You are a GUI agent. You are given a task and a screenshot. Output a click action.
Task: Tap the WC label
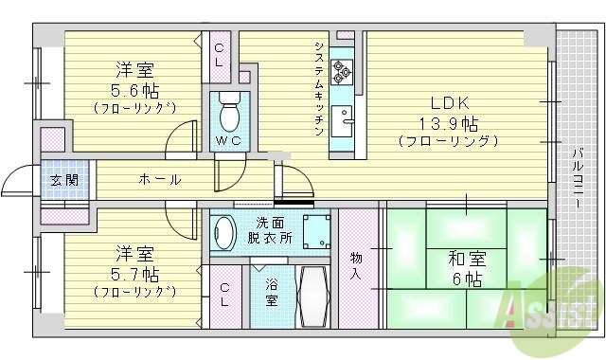tap(228, 142)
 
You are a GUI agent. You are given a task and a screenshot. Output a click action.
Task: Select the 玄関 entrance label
tap(64, 180)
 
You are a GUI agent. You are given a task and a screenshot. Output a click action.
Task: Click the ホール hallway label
tap(159, 179)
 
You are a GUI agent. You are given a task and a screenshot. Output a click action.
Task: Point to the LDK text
tap(450, 102)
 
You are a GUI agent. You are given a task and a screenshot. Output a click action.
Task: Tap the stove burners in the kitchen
tap(342, 68)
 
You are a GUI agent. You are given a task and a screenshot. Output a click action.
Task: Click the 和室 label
tap(450, 257)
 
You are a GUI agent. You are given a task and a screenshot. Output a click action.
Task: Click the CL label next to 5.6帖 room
tap(219, 55)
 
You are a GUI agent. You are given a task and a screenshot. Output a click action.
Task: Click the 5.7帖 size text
tap(136, 275)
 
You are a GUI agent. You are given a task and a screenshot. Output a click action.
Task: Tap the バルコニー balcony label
tap(576, 179)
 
